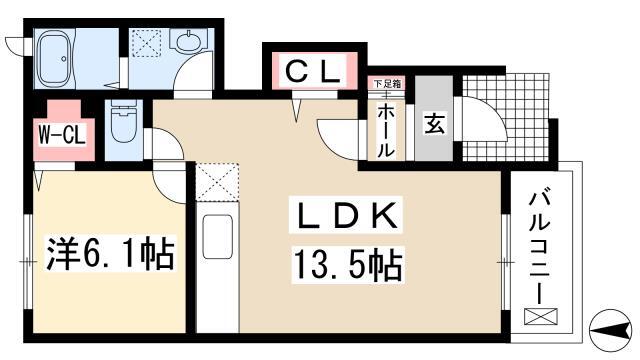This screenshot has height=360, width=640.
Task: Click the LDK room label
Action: coord(346,215)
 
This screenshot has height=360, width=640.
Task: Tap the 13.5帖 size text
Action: coord(347,265)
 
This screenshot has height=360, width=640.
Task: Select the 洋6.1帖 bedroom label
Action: coord(110,254)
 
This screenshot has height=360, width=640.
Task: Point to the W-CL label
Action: coord(62,135)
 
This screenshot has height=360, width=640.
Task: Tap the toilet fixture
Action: coord(123,121)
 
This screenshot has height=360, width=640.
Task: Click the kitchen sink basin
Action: coord(218,236)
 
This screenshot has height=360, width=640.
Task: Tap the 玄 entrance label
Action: coord(434,122)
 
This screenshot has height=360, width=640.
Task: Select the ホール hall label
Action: coord(384,131)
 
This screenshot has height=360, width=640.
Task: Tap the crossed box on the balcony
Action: coord(540,316)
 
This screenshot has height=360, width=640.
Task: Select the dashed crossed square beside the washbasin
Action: coord(147,42)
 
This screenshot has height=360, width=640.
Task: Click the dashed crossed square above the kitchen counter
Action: coord(217,181)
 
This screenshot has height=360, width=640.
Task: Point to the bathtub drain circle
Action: coord(64,59)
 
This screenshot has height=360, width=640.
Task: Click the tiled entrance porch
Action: coord(507,118)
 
